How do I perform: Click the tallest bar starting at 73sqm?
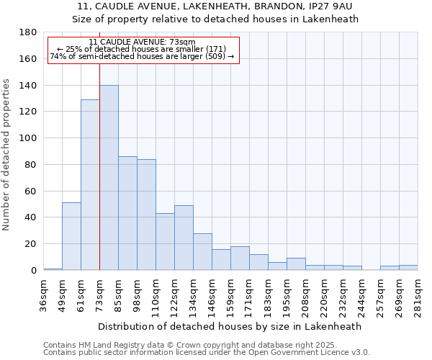pyautogui.click(x=109, y=178)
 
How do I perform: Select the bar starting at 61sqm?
pyautogui.click(x=90, y=185)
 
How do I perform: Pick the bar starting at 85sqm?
pyautogui.click(x=127, y=213)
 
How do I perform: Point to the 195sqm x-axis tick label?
pyautogui.click(x=287, y=293)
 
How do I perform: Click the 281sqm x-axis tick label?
pyautogui.click(x=418, y=293)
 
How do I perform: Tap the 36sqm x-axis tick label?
pyautogui.click(x=43, y=293)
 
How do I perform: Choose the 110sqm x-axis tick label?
pyautogui.click(x=156, y=293)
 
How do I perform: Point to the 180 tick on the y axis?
pyautogui.click(x=28, y=32)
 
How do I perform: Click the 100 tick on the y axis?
pyautogui.click(x=28, y=138)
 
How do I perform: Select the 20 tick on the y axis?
pyautogui.click(x=31, y=244)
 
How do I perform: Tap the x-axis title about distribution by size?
pyautogui.click(x=230, y=326)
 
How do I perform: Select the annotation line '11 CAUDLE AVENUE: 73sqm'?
pyautogui.click(x=143, y=42)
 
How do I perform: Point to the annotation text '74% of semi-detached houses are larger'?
pyautogui.click(x=142, y=56)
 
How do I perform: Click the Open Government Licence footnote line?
pyautogui.click(x=207, y=353)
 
